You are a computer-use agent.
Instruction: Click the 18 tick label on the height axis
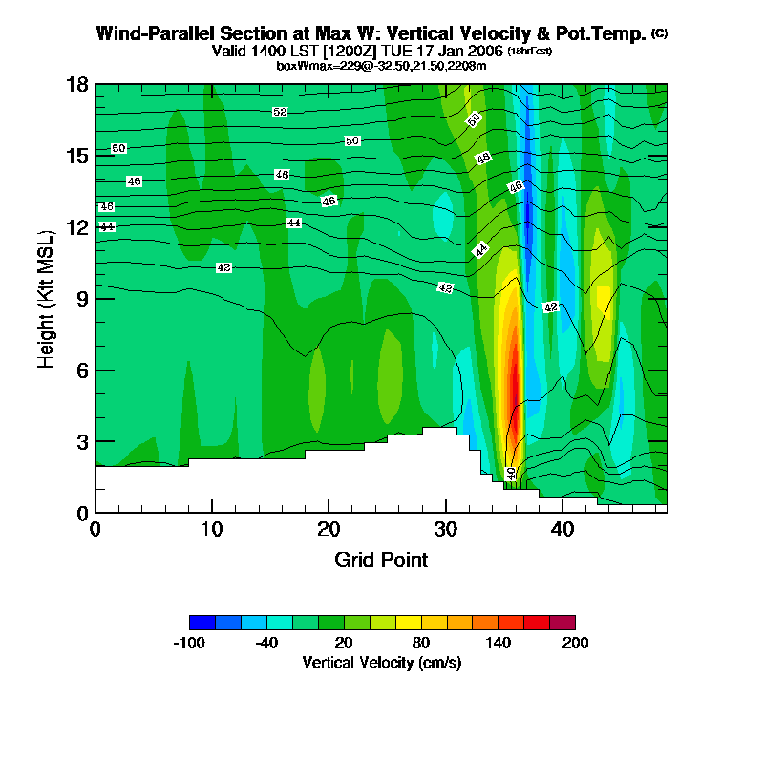pos(77,84)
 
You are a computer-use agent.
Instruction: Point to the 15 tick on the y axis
pos(77,156)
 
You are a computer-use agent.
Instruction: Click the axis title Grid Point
pos(381,560)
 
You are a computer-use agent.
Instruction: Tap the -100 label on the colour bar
pos(189,643)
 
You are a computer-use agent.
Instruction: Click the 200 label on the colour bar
pos(575,643)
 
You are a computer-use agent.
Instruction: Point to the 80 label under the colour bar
pos(420,643)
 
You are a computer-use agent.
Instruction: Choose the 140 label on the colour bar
pos(498,643)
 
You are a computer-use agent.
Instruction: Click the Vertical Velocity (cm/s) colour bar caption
pos(382,662)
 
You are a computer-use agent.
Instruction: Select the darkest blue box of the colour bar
pos(202,623)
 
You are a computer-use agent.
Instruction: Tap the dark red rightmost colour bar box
pos(562,623)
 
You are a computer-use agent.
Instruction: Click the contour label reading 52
pos(280,113)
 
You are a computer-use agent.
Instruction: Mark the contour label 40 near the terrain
pos(511,473)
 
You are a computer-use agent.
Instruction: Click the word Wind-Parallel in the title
pos(148,33)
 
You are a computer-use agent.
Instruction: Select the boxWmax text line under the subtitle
pos(381,65)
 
